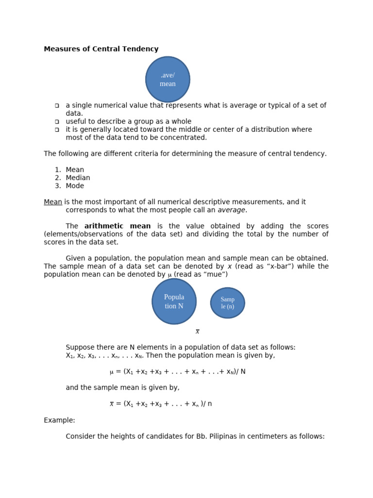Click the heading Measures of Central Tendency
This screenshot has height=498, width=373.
[x=101, y=49]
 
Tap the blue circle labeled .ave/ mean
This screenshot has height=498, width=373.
[x=168, y=79]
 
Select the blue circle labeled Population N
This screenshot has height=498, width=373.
[x=174, y=302]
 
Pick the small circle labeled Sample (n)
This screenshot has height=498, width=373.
[x=227, y=303]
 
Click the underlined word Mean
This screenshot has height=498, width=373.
[x=53, y=202]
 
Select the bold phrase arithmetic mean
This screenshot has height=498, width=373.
[x=118, y=226]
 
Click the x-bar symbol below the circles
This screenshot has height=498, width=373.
[x=198, y=332]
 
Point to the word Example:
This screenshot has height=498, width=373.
[x=59, y=420]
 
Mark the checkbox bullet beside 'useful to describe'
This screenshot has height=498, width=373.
[x=57, y=122]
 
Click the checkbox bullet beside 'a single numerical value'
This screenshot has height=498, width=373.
[x=57, y=106]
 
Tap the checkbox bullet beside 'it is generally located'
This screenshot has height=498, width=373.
[x=57, y=130]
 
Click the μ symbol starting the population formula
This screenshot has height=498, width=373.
[x=112, y=372]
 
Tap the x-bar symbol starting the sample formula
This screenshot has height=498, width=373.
[x=112, y=404]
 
